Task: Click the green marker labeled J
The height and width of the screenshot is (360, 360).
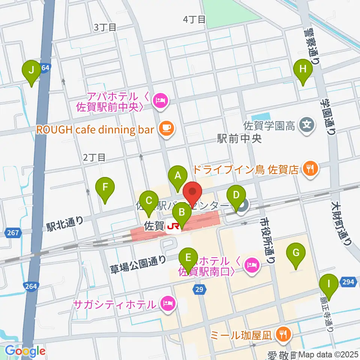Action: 31,70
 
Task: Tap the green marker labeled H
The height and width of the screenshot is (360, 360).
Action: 303,69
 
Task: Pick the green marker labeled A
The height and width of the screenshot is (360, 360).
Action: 178,175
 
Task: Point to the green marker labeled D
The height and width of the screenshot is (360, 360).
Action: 236,195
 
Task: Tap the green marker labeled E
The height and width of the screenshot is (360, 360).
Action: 188,258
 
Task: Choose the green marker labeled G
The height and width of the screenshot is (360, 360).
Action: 296,252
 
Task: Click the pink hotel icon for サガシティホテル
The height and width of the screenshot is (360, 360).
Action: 168,303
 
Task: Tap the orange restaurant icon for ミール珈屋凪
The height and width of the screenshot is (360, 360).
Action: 282,333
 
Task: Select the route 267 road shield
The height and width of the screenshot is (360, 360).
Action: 13,233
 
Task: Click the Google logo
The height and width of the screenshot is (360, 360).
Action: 25,351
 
